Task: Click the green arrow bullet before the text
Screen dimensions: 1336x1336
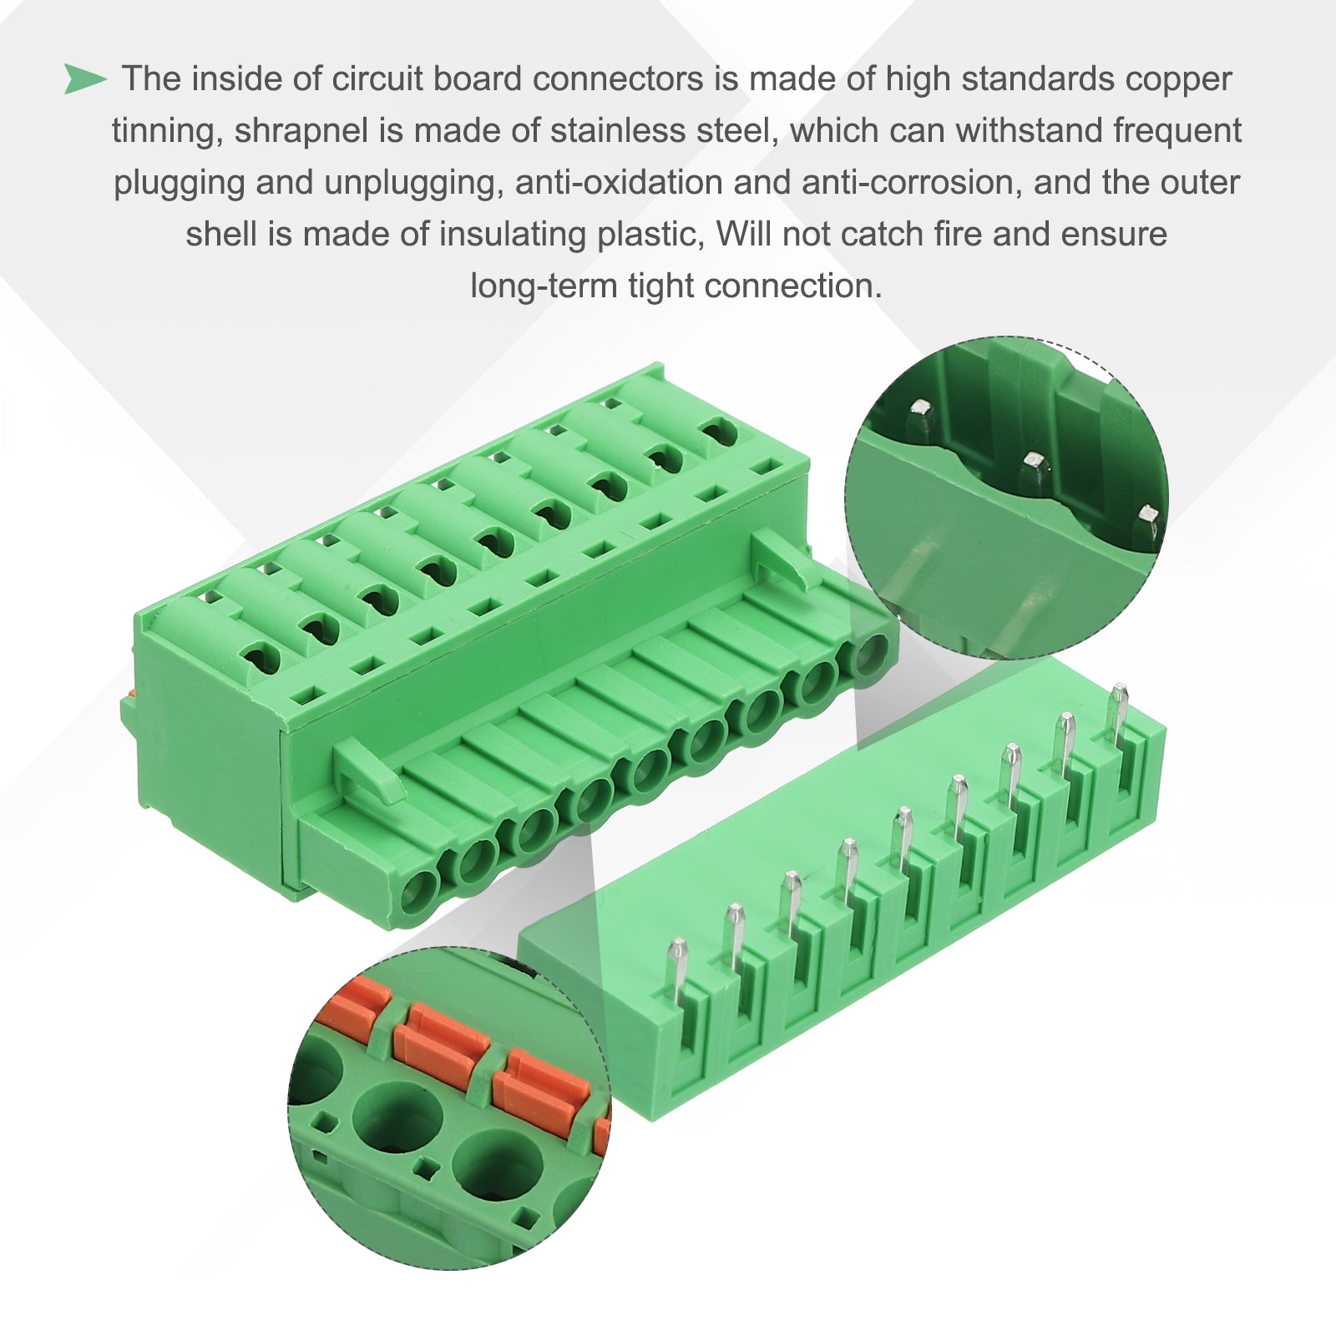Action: [x=85, y=79]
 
